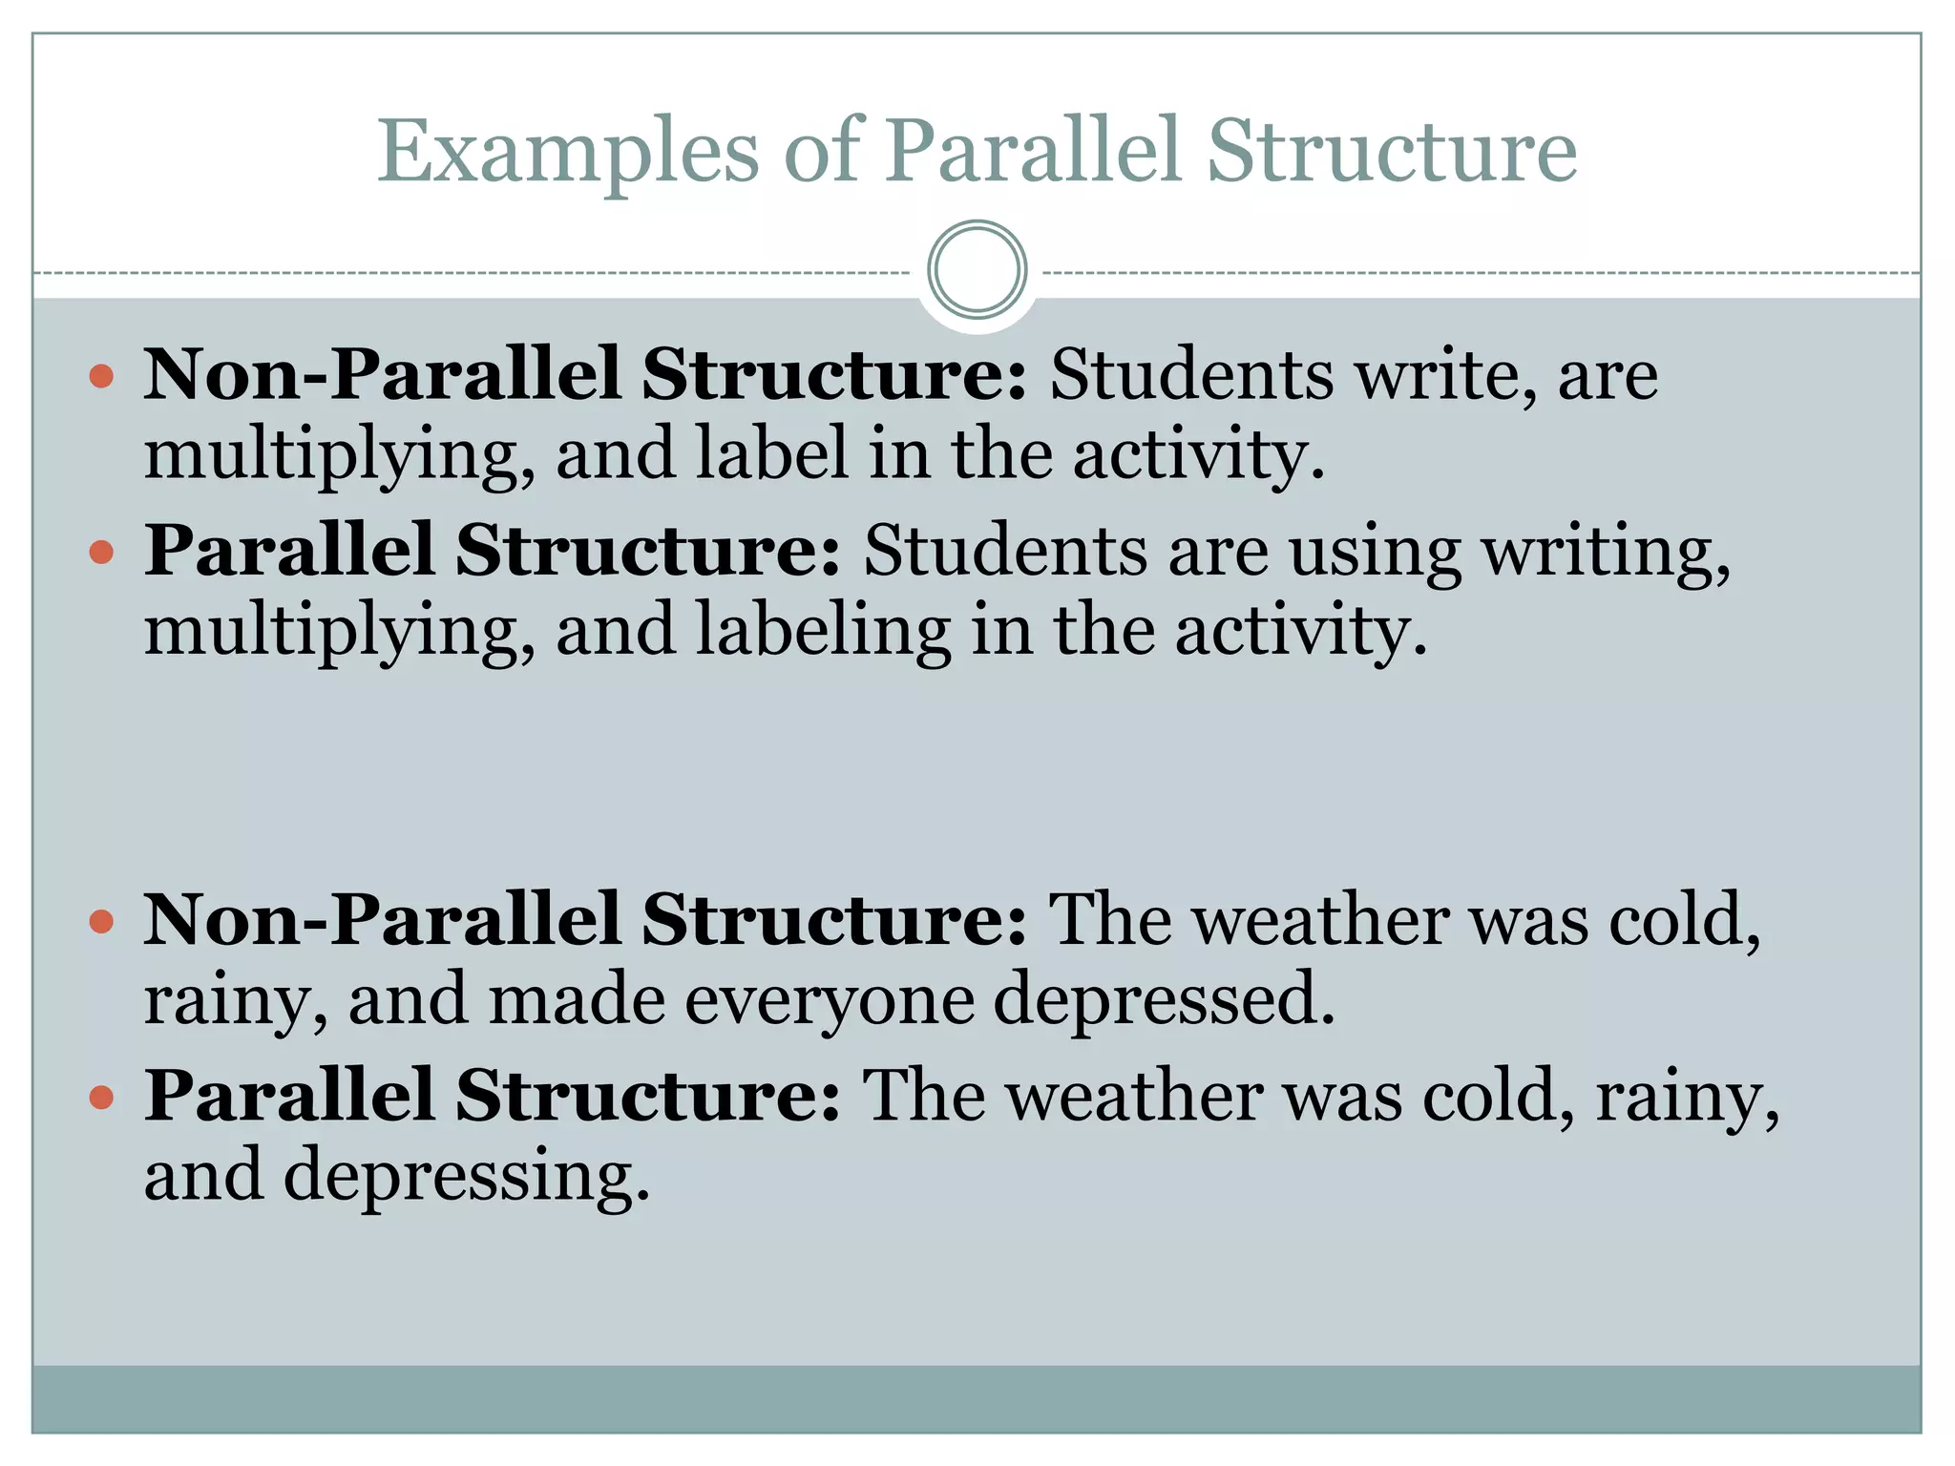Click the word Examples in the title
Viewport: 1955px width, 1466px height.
[x=568, y=153]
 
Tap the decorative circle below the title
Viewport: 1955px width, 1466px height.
[x=977, y=270]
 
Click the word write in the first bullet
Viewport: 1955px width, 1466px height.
[x=1446, y=374]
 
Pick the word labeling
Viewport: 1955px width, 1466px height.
[x=823, y=631]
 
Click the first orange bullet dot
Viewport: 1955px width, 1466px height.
[x=101, y=376]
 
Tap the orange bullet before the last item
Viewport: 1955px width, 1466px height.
[x=101, y=1098]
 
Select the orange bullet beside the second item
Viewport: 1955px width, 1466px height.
[x=101, y=552]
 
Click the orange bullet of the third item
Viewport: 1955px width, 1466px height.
[x=101, y=922]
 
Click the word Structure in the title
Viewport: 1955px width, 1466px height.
[x=1391, y=153]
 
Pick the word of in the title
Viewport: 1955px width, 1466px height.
[x=822, y=153]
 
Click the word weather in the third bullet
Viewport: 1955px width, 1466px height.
[x=1321, y=921]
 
